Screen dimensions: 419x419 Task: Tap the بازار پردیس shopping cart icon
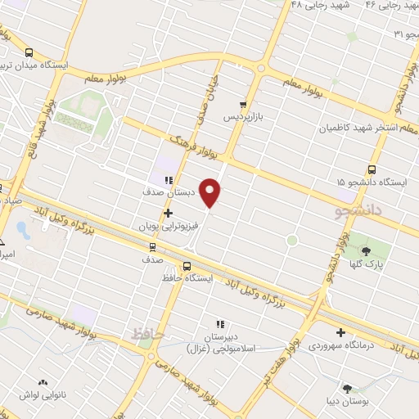pos(243,104)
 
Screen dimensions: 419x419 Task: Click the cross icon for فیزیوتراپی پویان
pos(169,213)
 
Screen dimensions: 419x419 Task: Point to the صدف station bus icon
pos(152,246)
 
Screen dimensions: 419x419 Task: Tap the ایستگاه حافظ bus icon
pos(187,266)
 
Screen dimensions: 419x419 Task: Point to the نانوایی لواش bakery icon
pos(43,382)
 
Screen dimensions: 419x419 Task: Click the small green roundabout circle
pos(291,240)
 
